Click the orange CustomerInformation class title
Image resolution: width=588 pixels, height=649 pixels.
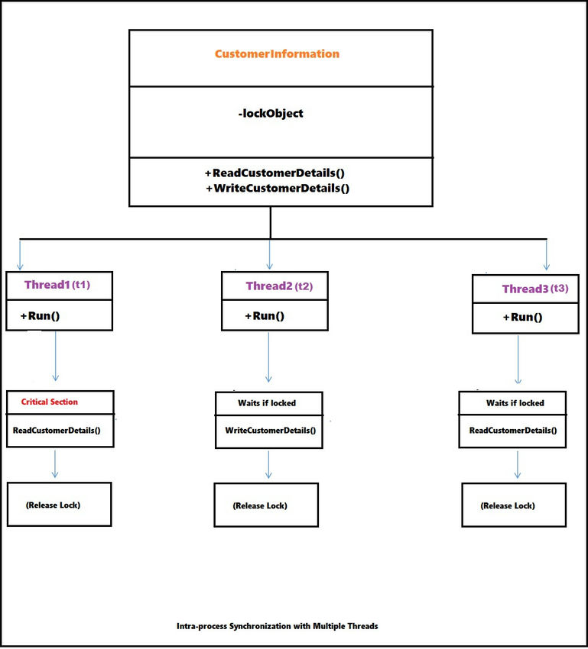[x=277, y=54]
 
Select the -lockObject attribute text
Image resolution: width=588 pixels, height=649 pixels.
[x=271, y=114]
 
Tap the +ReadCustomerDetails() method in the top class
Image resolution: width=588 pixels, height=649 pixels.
[x=275, y=173]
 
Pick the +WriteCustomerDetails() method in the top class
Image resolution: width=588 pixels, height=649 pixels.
[x=278, y=188]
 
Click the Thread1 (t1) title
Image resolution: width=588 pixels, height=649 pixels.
[x=57, y=285]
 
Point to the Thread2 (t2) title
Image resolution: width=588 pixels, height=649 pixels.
[x=279, y=286]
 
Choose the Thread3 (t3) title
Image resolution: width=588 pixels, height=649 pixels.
[x=535, y=289]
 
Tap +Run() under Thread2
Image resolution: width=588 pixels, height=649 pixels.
[x=265, y=316]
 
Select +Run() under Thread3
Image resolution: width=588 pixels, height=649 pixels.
[x=522, y=318]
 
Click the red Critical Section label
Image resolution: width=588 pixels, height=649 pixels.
[x=50, y=402]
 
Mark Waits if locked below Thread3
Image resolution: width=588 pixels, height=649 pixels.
[x=515, y=402]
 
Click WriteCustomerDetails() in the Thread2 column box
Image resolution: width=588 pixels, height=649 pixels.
[x=270, y=431]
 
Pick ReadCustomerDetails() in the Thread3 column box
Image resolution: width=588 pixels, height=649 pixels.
[x=513, y=431]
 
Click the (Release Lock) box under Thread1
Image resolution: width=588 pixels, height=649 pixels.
[x=59, y=504]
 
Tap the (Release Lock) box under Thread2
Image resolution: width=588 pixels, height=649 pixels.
[x=266, y=505]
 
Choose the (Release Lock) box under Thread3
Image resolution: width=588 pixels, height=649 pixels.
[x=514, y=505]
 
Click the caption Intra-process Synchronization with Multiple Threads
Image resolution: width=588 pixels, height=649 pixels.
[x=277, y=626]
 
